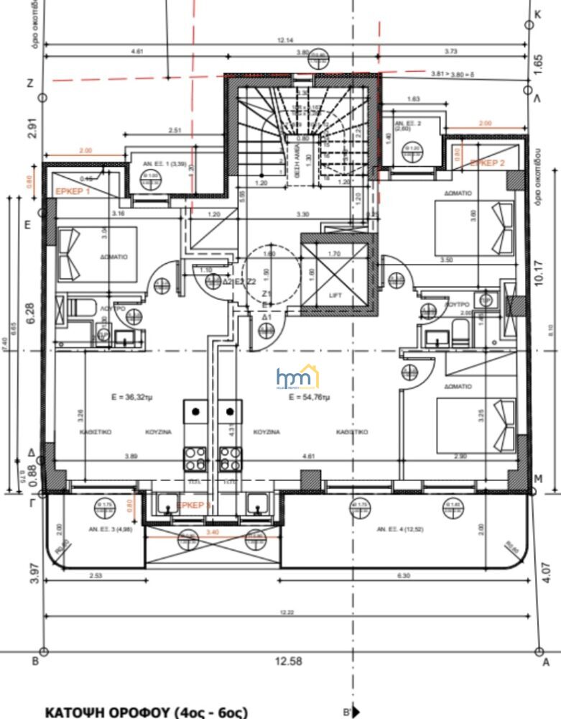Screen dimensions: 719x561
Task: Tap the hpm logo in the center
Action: [297, 377]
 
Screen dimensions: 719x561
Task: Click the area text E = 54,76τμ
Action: [309, 397]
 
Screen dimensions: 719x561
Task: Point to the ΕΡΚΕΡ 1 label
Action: [73, 192]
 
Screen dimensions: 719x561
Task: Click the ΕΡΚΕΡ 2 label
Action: [488, 163]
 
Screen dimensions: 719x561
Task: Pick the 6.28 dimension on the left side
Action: [30, 314]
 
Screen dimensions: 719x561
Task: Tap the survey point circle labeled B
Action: [43, 651]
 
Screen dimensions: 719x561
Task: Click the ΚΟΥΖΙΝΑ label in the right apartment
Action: [266, 432]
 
